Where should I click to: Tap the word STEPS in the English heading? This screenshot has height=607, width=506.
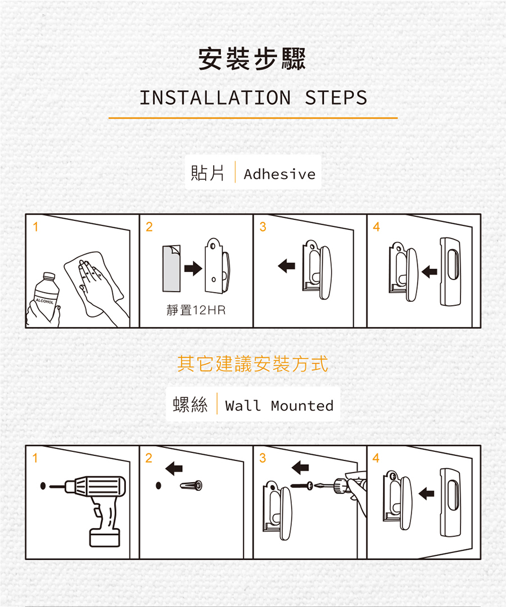(336, 98)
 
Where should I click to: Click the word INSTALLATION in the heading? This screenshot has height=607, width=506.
(215, 98)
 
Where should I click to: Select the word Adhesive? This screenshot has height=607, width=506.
(279, 174)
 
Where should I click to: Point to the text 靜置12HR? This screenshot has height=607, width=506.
(196, 310)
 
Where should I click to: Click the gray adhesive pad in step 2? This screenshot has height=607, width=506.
(171, 268)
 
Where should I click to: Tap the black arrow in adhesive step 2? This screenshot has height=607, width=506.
(193, 268)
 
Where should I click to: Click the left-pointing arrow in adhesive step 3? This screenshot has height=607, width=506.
(287, 266)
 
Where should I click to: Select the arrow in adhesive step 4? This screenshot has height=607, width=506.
(430, 271)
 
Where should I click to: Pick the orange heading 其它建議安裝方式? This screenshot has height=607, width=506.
(253, 364)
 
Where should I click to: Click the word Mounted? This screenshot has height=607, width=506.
(302, 406)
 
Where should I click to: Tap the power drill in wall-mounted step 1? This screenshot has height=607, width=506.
(93, 503)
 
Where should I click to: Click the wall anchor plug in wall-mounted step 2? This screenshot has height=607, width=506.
(191, 485)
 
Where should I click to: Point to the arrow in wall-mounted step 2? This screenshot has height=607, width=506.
(174, 468)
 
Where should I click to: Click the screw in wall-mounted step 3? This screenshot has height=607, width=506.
(302, 486)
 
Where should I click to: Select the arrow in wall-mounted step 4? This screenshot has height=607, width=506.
(426, 493)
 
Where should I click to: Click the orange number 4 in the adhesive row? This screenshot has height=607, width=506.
(376, 227)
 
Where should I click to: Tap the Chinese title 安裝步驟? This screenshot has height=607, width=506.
(252, 59)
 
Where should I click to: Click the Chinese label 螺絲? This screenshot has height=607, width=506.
(190, 405)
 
